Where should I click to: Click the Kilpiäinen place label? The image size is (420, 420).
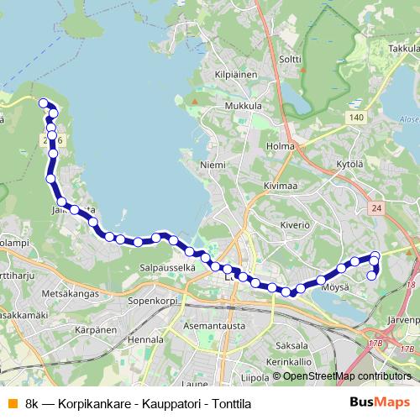point(236,75)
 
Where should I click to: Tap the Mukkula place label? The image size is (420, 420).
point(244,107)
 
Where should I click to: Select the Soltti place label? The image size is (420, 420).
point(290,59)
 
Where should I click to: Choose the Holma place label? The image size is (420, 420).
point(281,146)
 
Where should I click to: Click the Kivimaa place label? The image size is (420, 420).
point(281,186)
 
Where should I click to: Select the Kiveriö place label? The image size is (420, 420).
point(295,225)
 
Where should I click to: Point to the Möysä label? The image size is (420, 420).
point(334,286)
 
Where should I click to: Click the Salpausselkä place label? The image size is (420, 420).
point(167,267)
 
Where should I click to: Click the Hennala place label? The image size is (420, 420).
point(147,339)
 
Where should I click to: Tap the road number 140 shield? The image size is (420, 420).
point(359,118)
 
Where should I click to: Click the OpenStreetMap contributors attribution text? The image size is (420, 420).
point(344,376)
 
